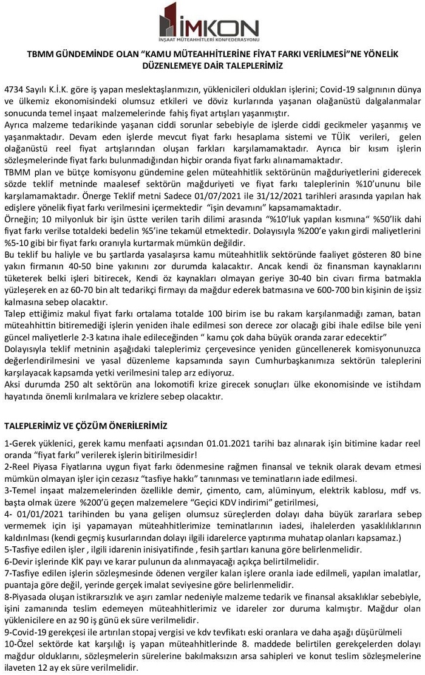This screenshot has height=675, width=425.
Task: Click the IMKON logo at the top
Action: pyautogui.click(x=209, y=22)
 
